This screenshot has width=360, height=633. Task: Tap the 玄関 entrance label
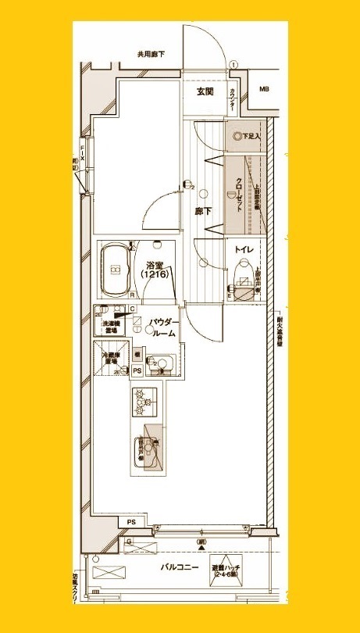pyautogui.click(x=205, y=92)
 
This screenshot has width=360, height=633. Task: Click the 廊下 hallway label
pyautogui.click(x=204, y=211)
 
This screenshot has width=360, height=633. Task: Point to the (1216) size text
pyautogui.click(x=151, y=276)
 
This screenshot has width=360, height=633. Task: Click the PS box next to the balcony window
pyautogui.click(x=130, y=521)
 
